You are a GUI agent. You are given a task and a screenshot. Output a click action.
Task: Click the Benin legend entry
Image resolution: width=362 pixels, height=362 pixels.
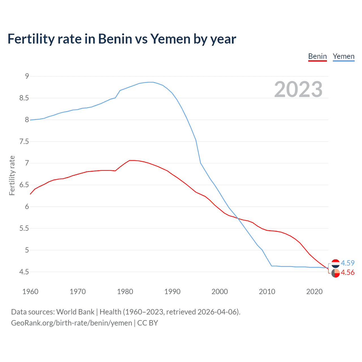317,56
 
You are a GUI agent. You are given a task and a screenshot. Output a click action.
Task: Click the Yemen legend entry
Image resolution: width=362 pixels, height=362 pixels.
343,56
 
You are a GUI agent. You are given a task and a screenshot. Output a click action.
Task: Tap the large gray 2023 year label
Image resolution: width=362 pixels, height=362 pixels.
298,89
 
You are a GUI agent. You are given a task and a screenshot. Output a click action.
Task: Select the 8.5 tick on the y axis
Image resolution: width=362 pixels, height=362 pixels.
24,98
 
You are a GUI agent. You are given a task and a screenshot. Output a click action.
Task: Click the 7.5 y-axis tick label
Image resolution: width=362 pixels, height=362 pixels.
24,141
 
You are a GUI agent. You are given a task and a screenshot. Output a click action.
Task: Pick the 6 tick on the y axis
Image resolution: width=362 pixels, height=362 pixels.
27,207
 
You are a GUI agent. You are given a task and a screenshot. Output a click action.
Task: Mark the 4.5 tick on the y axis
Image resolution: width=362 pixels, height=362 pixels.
24,272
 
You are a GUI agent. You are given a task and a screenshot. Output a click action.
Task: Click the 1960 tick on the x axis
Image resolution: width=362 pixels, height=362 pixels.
30,292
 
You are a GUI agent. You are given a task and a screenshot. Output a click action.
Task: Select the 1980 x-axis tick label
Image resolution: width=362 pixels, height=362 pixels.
125,292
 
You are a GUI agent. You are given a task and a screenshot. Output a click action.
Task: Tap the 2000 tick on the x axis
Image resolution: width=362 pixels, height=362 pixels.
220,292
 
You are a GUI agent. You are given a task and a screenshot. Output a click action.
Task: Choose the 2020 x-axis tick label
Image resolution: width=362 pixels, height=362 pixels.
314,292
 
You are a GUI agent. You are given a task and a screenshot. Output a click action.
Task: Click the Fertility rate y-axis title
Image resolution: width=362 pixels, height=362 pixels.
12,175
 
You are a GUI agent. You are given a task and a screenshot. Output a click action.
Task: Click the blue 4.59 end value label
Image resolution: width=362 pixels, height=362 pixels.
348,263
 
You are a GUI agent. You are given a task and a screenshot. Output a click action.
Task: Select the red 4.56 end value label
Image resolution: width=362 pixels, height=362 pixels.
348,272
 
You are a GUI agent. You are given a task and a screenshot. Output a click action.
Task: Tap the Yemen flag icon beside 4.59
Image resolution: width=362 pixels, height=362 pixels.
335,263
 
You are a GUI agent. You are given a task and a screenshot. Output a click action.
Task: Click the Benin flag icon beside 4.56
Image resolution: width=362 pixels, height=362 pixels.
335,273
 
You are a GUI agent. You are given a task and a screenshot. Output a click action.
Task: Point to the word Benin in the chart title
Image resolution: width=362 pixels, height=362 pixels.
115,39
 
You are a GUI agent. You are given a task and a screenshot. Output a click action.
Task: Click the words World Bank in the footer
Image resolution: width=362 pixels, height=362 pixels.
75,312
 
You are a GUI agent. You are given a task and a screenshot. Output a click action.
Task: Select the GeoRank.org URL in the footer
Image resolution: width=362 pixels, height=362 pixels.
72,323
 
